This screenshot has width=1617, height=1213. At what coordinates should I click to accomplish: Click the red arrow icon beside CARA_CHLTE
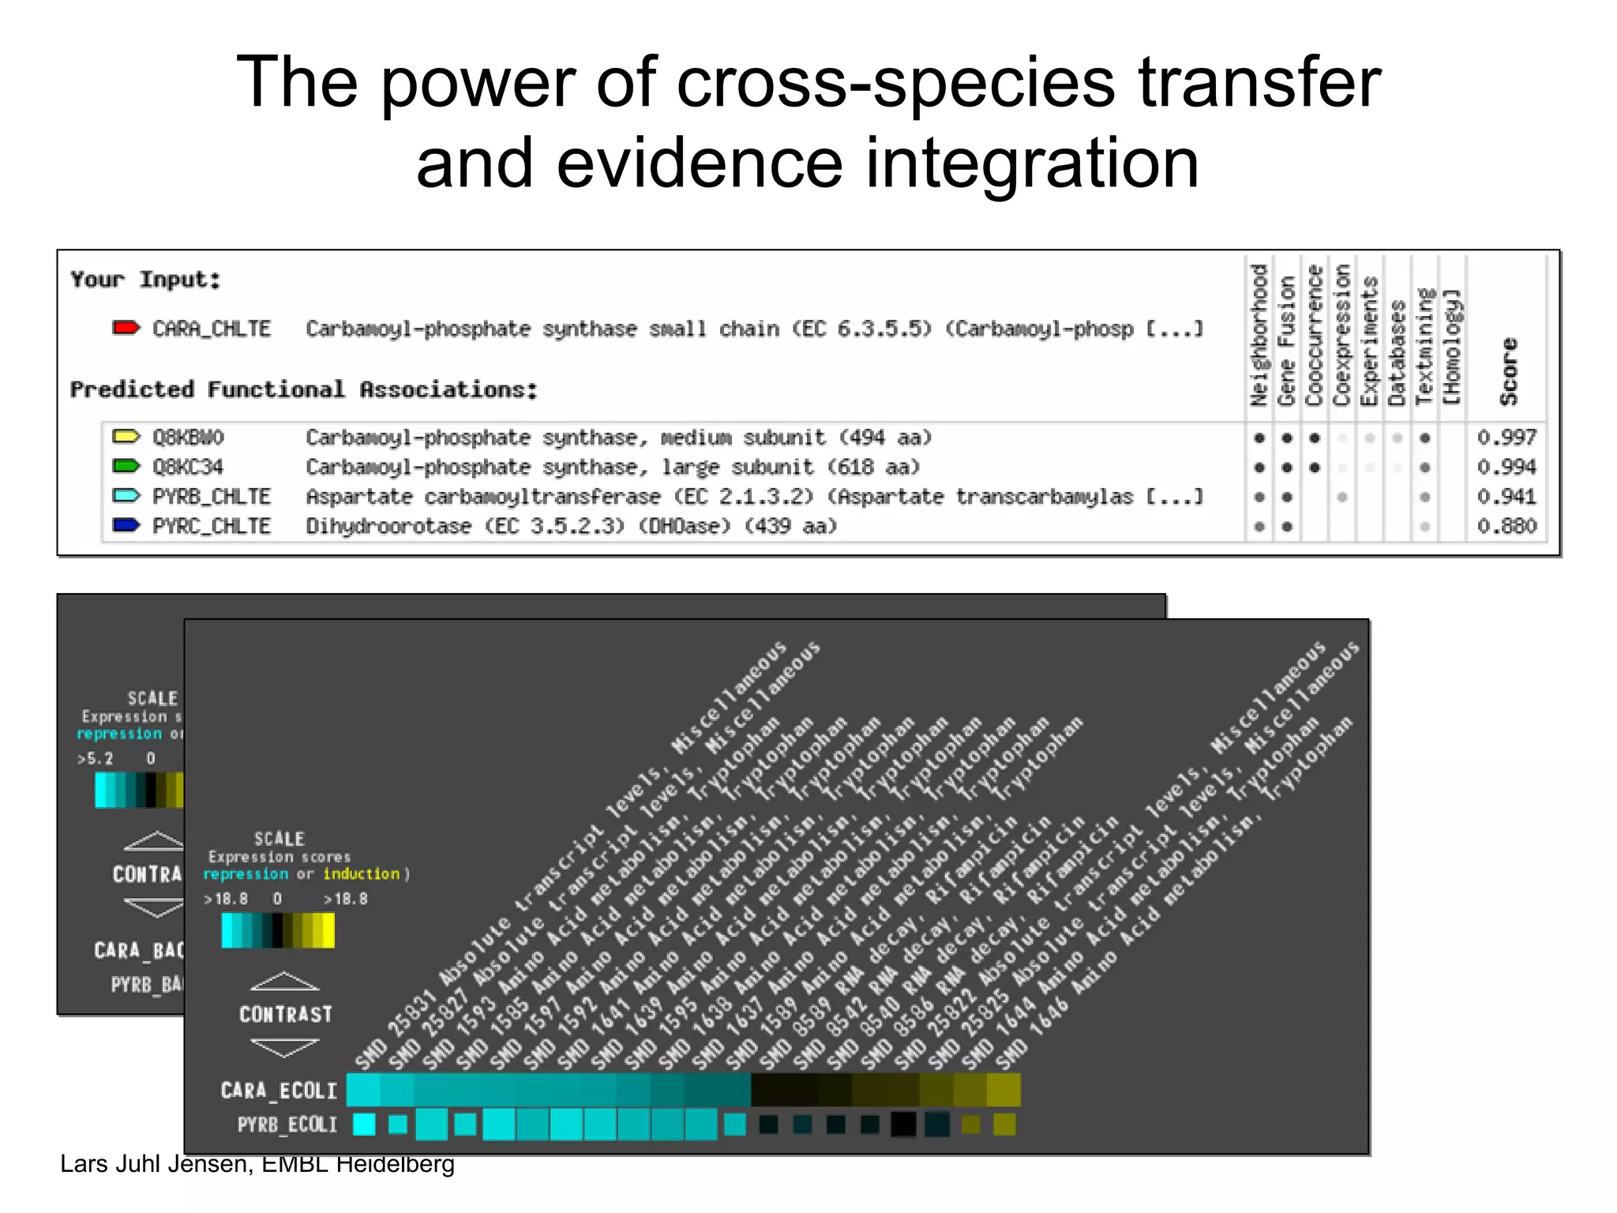coord(126,328)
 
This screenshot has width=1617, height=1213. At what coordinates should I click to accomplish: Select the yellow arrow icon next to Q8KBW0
coord(126,437)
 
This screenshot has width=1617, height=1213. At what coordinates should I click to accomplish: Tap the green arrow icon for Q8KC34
coord(126,466)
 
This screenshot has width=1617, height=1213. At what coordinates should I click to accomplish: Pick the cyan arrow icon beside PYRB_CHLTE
coord(126,496)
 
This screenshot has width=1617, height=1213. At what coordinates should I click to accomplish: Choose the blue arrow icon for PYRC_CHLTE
coord(126,525)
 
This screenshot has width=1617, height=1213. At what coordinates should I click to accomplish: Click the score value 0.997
coord(1506,437)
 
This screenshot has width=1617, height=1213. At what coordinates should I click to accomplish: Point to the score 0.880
coord(1506,526)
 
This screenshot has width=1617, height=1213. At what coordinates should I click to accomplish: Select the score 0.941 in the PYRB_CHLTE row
coord(1506,497)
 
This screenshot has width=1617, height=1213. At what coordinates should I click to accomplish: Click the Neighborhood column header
coord(1259,336)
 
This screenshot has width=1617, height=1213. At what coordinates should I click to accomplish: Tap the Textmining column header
coord(1424,347)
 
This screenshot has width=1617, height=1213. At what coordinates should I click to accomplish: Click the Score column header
coord(1509,371)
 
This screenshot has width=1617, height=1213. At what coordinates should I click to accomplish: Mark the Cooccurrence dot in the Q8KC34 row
coord(1315,468)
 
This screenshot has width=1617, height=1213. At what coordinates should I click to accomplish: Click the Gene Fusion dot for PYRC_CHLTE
coord(1287,527)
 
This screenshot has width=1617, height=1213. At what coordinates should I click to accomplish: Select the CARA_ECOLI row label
coord(279,1091)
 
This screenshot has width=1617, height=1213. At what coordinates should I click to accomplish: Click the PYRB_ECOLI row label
coord(287,1125)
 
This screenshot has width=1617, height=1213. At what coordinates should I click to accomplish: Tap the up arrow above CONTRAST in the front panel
coord(285,982)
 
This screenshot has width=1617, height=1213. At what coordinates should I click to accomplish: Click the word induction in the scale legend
coord(361,874)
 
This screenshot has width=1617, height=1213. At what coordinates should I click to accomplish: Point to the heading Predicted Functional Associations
coord(304,389)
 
